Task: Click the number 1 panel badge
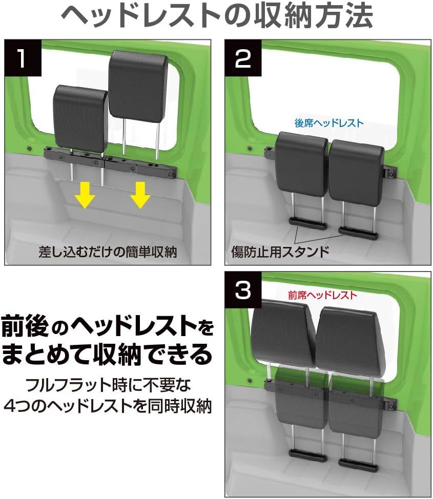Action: [23, 58]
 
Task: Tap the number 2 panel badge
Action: [243, 58]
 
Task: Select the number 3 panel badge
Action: [243, 290]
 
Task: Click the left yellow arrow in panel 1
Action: [85, 195]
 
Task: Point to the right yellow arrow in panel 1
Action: [140, 195]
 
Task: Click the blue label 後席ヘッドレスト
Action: [329, 123]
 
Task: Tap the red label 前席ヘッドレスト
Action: [322, 295]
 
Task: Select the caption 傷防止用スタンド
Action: [280, 252]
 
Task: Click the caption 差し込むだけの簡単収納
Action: [108, 252]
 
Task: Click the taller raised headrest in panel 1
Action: [138, 87]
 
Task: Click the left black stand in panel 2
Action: [308, 223]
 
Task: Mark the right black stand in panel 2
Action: [358, 233]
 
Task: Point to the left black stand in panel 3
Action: [308, 455]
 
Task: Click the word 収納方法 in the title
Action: [313, 15]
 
